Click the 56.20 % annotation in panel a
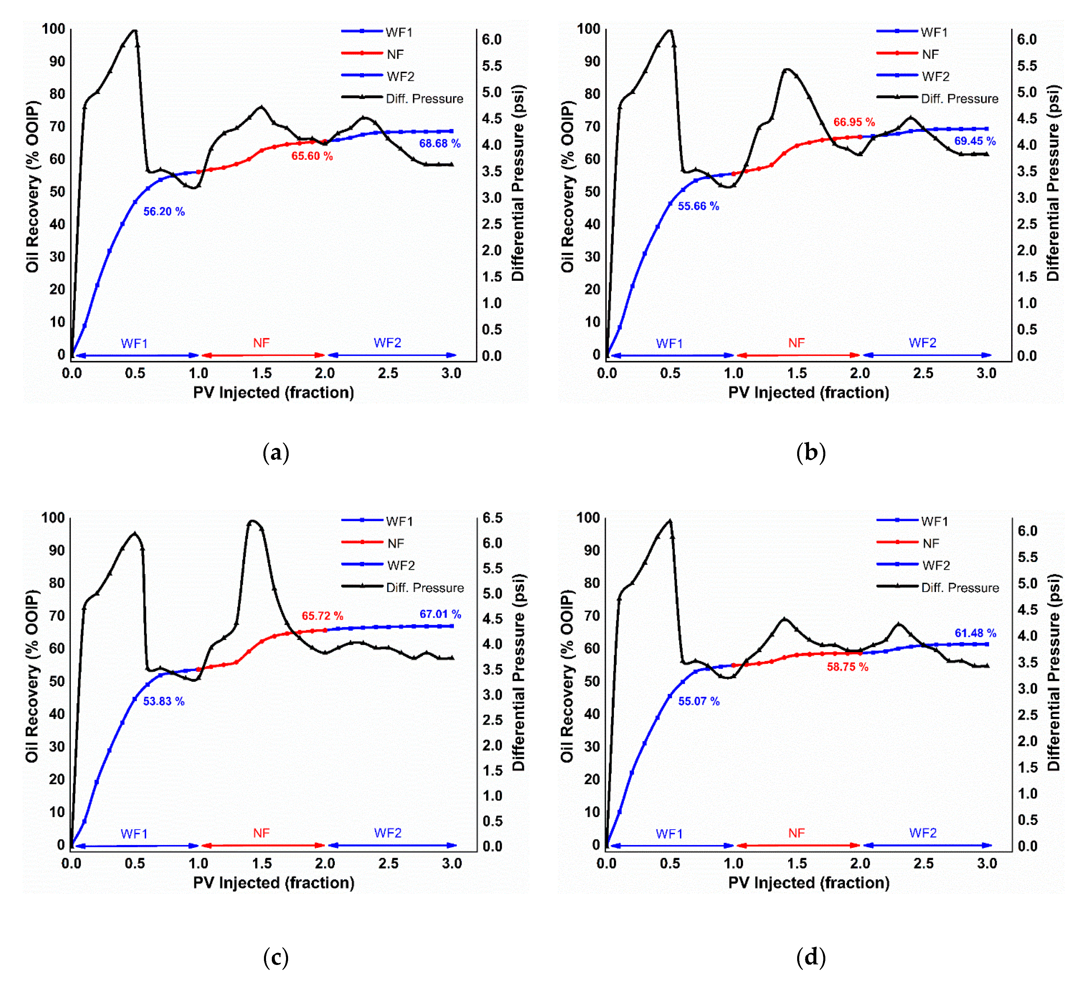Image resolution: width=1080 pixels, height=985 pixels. (x=164, y=212)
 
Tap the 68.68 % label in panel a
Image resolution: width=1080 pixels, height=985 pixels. (x=439, y=143)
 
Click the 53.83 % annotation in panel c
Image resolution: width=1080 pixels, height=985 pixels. (x=163, y=701)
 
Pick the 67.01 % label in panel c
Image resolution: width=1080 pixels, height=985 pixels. (x=440, y=614)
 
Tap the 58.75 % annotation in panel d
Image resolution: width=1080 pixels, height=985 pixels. (x=847, y=667)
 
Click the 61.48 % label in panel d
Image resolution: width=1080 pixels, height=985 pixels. (x=975, y=634)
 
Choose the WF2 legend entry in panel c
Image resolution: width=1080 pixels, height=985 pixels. (x=400, y=565)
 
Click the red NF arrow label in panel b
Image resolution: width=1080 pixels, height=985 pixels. (x=796, y=343)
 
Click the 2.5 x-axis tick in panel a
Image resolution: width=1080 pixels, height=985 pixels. (x=388, y=374)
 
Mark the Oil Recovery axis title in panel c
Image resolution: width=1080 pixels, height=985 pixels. (x=32, y=676)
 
